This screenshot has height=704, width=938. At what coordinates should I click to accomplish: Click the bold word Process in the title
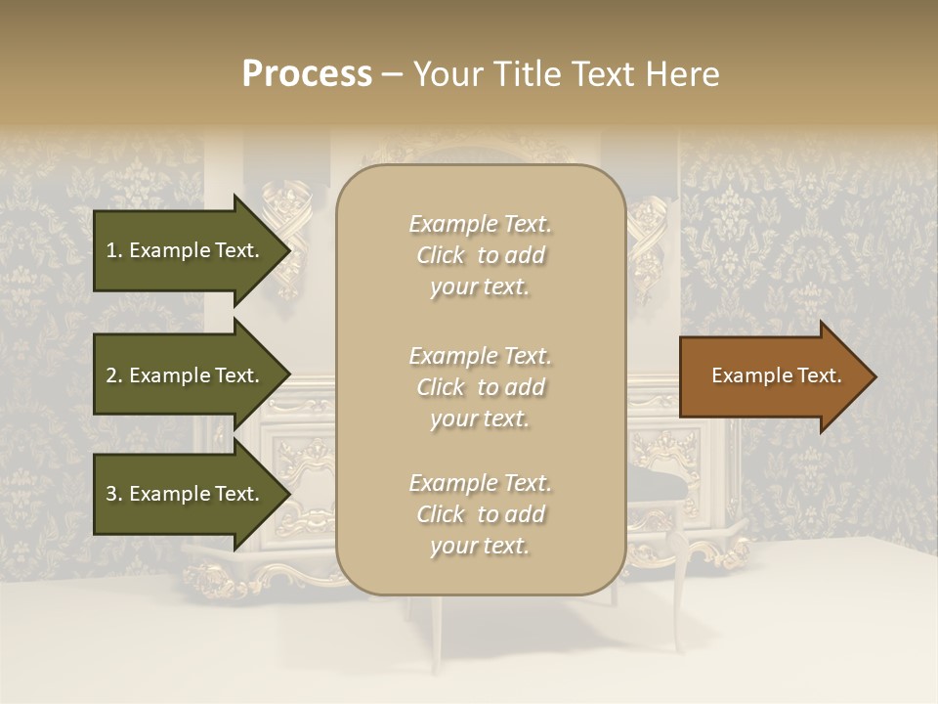coord(307,74)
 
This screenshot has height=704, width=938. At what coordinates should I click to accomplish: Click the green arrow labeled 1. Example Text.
coord(186,250)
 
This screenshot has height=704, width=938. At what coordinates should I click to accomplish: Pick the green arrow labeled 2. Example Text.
coord(186,375)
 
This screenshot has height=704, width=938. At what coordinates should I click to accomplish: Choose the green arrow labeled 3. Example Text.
coord(186,494)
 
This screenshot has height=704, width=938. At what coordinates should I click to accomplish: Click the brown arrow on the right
coord(772,376)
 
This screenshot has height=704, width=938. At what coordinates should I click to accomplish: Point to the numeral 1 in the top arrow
coord(111,250)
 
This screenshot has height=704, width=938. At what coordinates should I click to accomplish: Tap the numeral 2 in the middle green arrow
coord(111,375)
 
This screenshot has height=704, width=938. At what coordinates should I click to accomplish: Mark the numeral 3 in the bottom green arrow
coord(111,494)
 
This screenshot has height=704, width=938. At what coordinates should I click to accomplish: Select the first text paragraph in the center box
coord(481,255)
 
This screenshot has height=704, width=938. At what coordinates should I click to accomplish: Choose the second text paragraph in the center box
coord(481,387)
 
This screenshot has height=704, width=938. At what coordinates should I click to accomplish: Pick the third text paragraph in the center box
coord(481,514)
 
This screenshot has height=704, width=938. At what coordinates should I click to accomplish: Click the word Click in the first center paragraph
coord(441,255)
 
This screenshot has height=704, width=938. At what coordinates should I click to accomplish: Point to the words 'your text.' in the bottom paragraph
coord(480,546)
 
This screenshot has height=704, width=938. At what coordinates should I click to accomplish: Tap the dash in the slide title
coord(393,74)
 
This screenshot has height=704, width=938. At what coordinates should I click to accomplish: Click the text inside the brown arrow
coord(777,375)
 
